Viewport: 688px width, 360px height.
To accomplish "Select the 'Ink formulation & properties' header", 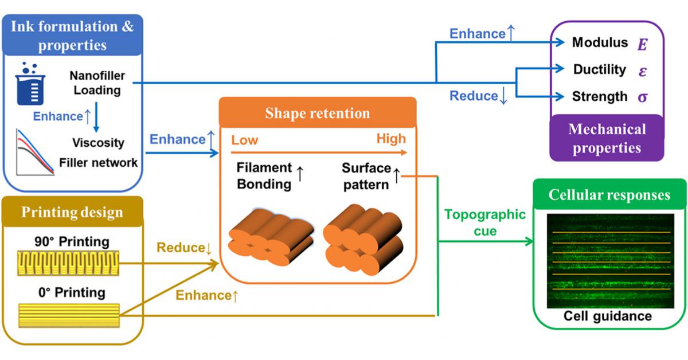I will pyautogui.click(x=72, y=35).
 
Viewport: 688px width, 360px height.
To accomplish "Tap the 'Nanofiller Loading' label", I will pyautogui.click(x=96, y=83).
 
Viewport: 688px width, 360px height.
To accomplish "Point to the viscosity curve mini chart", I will pyautogui.click(x=32, y=152).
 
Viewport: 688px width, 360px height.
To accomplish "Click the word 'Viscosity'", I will pyautogui.click(x=98, y=142).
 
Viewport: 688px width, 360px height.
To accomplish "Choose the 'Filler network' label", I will pyautogui.click(x=98, y=162).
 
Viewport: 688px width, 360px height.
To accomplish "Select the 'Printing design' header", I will pyautogui.click(x=72, y=212).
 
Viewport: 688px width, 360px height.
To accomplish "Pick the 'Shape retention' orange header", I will pyautogui.click(x=317, y=113).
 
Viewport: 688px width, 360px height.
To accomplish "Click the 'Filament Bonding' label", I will pyautogui.click(x=264, y=176).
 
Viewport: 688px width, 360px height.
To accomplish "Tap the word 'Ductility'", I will pyautogui.click(x=600, y=69).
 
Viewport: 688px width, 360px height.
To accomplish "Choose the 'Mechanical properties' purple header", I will pyautogui.click(x=607, y=138).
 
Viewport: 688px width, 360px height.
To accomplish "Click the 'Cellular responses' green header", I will pyautogui.click(x=609, y=195).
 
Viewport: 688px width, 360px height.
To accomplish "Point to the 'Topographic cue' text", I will pyautogui.click(x=484, y=222).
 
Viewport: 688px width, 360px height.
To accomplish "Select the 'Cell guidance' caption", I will pyautogui.click(x=607, y=316).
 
